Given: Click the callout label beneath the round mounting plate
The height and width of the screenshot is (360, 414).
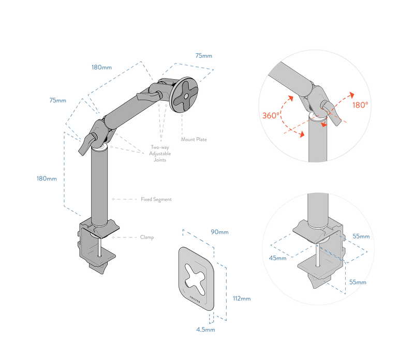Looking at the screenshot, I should [x=194, y=139].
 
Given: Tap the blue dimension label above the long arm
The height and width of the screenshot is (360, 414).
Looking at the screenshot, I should [x=101, y=67].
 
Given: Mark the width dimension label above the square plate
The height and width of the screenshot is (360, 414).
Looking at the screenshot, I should [x=219, y=232].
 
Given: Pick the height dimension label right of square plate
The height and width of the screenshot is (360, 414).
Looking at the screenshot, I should [x=241, y=298].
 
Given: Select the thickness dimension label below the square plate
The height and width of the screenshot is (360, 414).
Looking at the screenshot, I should [x=205, y=329].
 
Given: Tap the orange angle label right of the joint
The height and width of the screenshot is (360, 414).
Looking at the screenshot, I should [x=359, y=104].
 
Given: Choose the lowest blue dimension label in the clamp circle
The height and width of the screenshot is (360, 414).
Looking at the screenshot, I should [x=357, y=282].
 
